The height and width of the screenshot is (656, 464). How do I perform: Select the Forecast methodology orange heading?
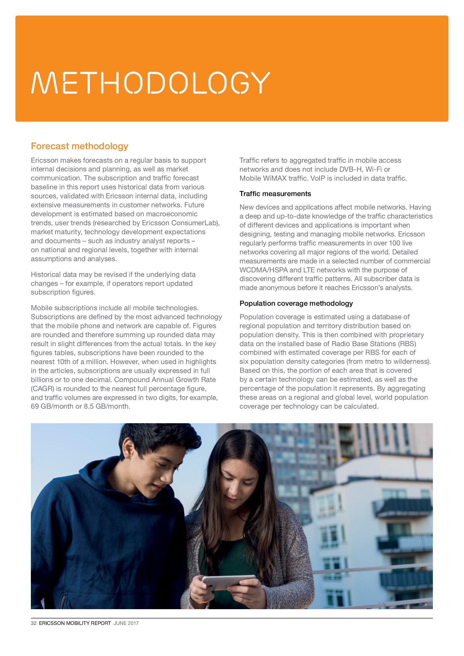(x=79, y=146)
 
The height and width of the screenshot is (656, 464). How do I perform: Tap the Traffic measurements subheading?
(x=275, y=194)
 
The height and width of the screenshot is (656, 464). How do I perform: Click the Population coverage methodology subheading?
(x=296, y=303)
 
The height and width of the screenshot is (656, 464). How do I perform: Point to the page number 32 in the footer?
(x=33, y=623)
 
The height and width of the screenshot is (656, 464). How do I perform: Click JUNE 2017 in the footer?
(x=126, y=623)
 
